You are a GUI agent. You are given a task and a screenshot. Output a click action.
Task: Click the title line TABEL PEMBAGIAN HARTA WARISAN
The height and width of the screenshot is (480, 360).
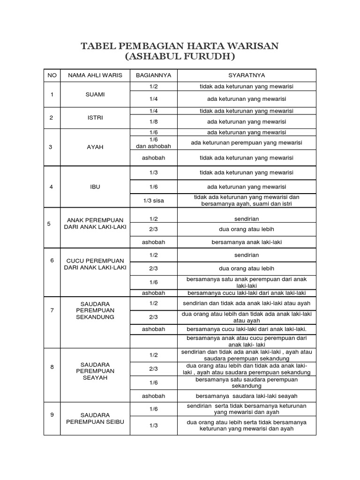pos(180,46)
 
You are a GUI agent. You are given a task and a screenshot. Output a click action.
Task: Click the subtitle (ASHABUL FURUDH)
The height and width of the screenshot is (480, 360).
pos(180,57)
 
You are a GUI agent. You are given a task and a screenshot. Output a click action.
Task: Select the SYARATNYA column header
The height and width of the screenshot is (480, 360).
pos(246,75)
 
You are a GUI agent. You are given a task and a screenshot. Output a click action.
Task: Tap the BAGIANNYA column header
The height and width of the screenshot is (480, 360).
pos(153,75)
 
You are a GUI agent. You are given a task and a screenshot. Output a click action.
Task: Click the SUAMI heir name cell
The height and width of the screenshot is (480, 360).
pos(95,94)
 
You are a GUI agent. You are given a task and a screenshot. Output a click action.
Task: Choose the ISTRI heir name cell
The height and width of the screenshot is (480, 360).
pos(95,117)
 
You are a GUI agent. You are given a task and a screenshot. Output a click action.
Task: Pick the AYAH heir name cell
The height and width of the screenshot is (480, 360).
pos(95,147)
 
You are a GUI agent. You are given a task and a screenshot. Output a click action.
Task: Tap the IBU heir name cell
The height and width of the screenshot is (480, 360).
pos(95,187)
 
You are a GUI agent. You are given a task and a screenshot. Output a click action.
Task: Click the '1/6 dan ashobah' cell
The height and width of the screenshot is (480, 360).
pos(153,143)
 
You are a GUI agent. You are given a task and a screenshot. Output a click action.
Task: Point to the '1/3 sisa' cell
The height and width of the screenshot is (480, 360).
pos(153,201)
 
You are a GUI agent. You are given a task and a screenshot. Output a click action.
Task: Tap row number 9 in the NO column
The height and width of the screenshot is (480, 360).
pos(52,414)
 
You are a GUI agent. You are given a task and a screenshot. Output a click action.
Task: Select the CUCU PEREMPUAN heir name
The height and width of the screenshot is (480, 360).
pos(95,264)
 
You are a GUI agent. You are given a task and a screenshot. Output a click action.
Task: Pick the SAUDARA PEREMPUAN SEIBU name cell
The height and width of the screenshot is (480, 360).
pos(95,418)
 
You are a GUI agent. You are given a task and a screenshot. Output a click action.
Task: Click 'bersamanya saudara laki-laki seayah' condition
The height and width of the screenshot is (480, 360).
pos(246,396)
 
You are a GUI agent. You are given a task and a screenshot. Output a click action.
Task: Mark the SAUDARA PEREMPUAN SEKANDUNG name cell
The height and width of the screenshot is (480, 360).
pos(95,310)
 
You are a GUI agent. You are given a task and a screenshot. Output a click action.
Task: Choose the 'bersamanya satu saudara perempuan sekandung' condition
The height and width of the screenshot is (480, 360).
pos(246,382)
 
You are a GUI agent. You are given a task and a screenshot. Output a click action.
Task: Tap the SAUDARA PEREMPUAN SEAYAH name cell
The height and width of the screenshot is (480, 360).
pos(95,371)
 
